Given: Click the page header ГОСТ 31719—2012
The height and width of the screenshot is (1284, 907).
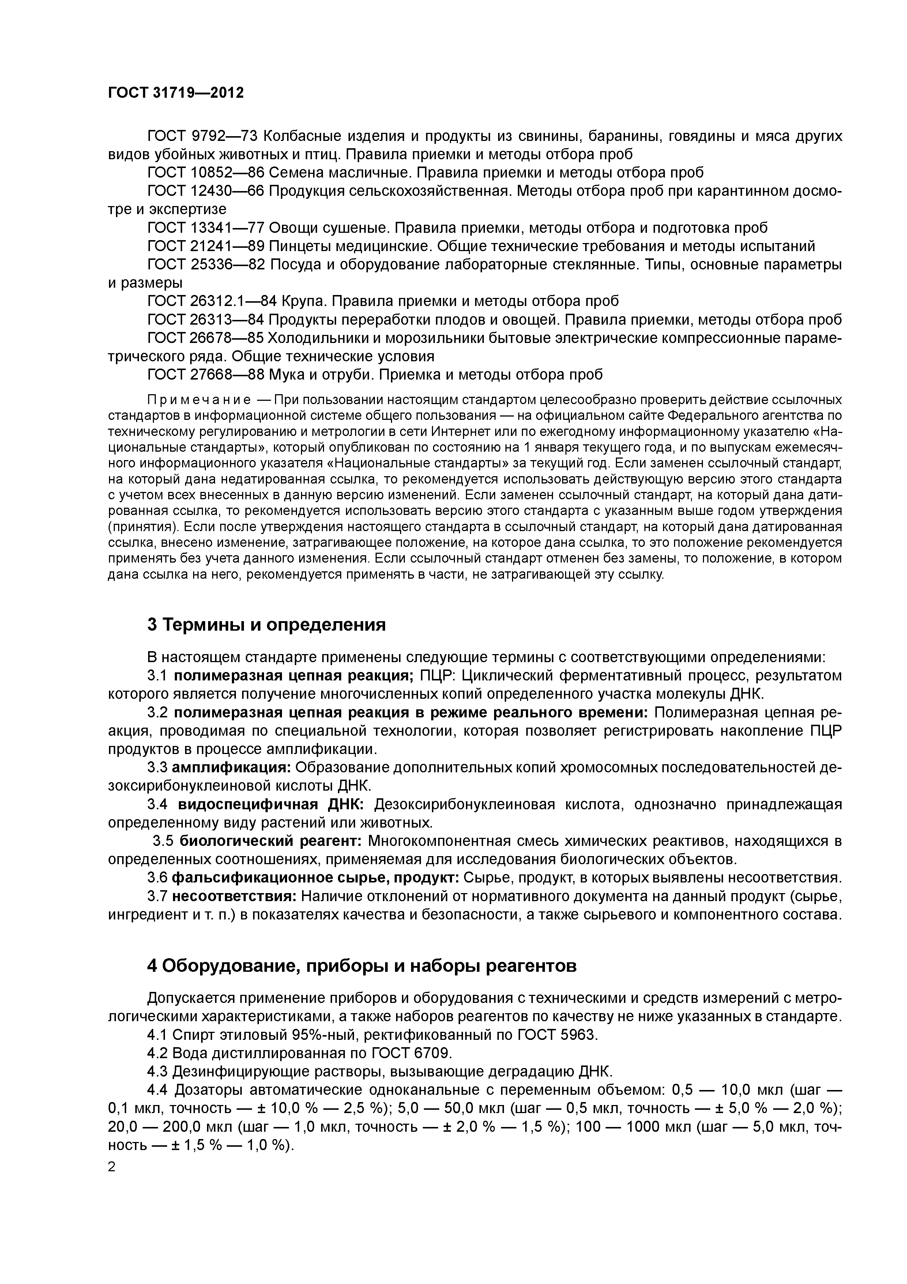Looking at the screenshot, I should point(176,93).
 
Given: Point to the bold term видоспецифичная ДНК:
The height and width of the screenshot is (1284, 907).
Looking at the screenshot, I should point(271,805).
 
